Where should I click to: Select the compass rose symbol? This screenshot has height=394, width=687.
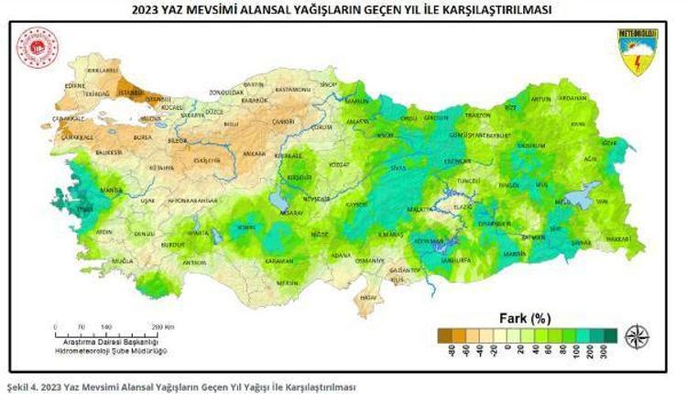click(x=636, y=337)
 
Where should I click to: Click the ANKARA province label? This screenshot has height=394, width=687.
click(x=254, y=153)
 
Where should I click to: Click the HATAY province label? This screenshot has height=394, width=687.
click(x=368, y=297)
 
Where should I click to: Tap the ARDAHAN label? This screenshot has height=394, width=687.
click(x=572, y=98)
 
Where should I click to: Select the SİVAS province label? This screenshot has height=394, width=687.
click(x=396, y=168)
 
